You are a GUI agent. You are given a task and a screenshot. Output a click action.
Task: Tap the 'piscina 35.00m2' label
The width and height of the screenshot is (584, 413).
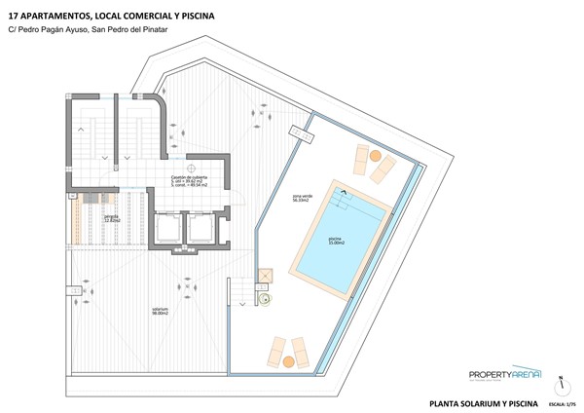(x=335, y=240)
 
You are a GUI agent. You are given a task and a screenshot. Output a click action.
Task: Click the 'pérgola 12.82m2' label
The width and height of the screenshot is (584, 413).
(x=113, y=220)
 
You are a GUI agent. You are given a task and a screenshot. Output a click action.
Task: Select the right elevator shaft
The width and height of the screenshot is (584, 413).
(x=202, y=230)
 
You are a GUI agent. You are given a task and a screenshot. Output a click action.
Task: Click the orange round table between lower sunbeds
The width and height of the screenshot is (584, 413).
(x=287, y=361)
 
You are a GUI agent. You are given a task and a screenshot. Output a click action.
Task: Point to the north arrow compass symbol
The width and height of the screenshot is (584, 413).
(x=562, y=381)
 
